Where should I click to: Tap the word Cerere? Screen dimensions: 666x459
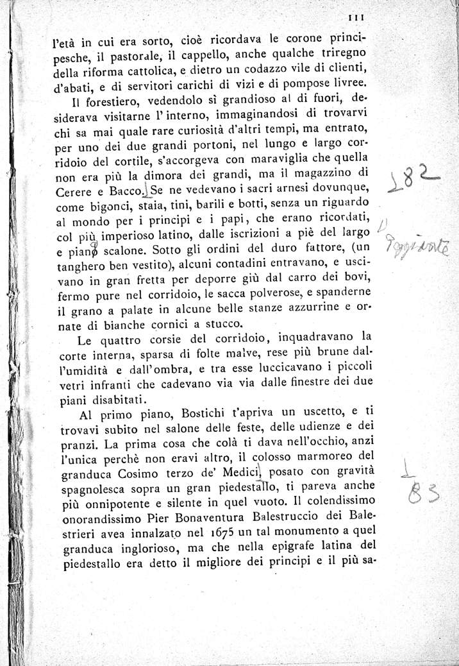click(72, 192)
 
